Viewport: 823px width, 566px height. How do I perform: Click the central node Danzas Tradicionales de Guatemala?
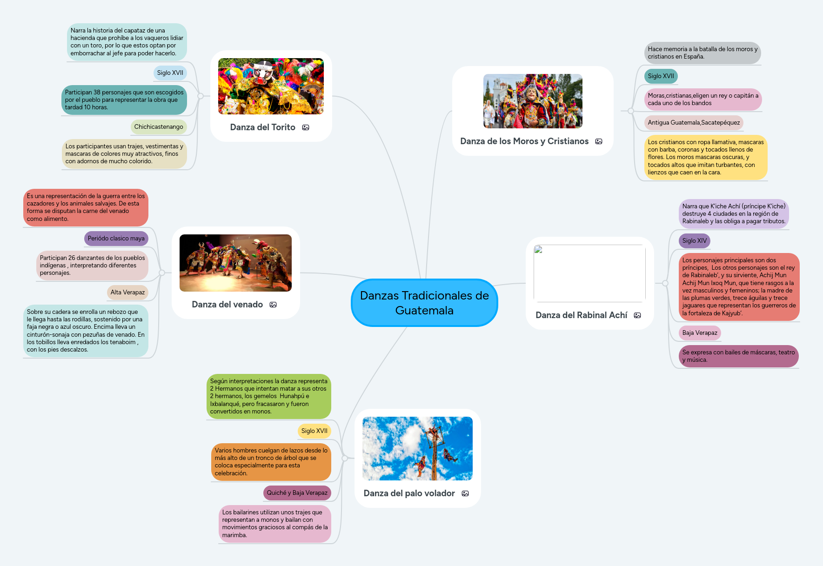click(x=424, y=303)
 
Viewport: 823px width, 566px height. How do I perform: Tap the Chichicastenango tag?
click(x=158, y=127)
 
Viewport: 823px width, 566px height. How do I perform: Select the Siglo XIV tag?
click(x=694, y=241)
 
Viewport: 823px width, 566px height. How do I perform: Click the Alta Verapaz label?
click(x=127, y=293)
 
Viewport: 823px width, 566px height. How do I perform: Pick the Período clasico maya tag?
click(x=116, y=239)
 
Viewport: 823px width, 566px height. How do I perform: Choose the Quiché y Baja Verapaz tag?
click(x=297, y=493)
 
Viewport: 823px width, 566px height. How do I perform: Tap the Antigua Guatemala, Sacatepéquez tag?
click(x=693, y=123)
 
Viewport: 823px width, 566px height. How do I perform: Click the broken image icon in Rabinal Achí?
click(x=538, y=250)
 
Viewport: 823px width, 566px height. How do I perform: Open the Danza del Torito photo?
click(x=271, y=87)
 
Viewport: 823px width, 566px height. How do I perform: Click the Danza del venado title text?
click(x=227, y=305)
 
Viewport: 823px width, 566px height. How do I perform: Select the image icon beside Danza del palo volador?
click(x=465, y=493)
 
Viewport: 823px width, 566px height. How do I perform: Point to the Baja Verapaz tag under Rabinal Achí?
click(x=699, y=333)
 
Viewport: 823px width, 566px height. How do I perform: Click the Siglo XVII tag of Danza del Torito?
click(x=170, y=73)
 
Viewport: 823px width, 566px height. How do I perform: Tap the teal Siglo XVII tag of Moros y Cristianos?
click(x=661, y=76)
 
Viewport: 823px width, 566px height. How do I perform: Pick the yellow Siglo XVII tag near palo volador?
click(x=314, y=431)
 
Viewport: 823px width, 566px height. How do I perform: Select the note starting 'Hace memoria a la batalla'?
click(x=702, y=53)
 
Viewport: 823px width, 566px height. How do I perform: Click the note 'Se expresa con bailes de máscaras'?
click(x=738, y=356)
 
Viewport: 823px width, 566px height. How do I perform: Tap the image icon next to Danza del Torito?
click(x=306, y=127)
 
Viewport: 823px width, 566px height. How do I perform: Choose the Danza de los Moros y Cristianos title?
click(x=524, y=141)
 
